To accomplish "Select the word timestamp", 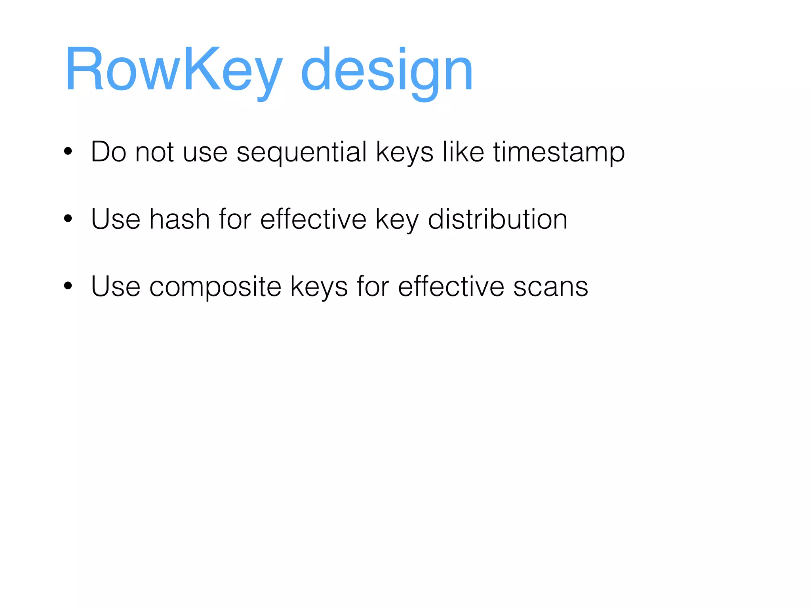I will click(x=559, y=152).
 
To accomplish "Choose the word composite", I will click(x=215, y=287).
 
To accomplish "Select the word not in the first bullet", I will click(x=154, y=152).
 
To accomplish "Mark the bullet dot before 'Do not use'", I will click(x=68, y=152).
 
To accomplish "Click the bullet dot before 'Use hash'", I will click(x=68, y=219).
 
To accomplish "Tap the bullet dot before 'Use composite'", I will click(x=68, y=286).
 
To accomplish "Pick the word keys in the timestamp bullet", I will click(x=404, y=152).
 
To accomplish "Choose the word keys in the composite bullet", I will click(x=319, y=287).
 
